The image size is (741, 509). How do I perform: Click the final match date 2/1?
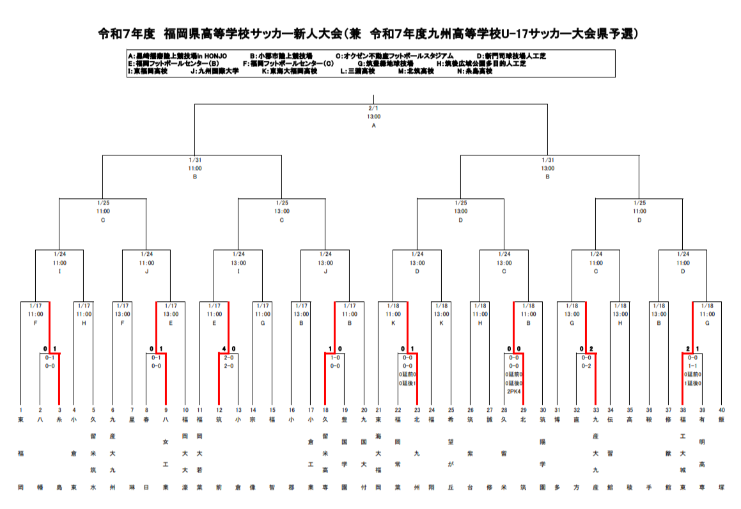click(373, 109)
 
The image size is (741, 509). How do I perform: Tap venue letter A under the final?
click(373, 125)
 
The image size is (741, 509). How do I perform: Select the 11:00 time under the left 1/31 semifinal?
click(194, 168)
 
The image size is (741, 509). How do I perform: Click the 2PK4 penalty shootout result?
click(514, 391)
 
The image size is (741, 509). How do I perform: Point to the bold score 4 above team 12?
click(223, 349)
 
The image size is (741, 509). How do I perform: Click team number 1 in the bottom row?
click(20, 410)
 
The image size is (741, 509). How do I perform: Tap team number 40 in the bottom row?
click(722, 410)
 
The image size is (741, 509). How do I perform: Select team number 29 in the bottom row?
click(523, 410)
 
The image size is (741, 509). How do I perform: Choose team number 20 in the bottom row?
click(364, 410)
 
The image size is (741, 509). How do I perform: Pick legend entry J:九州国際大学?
click(215, 72)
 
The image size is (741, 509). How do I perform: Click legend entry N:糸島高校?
click(475, 72)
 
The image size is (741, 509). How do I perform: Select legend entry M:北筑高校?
click(416, 72)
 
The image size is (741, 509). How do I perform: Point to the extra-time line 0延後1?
click(407, 382)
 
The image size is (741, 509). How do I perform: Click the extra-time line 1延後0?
click(692, 382)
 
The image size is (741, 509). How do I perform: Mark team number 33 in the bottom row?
click(596, 410)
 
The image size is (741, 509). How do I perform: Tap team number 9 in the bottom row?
click(166, 410)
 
